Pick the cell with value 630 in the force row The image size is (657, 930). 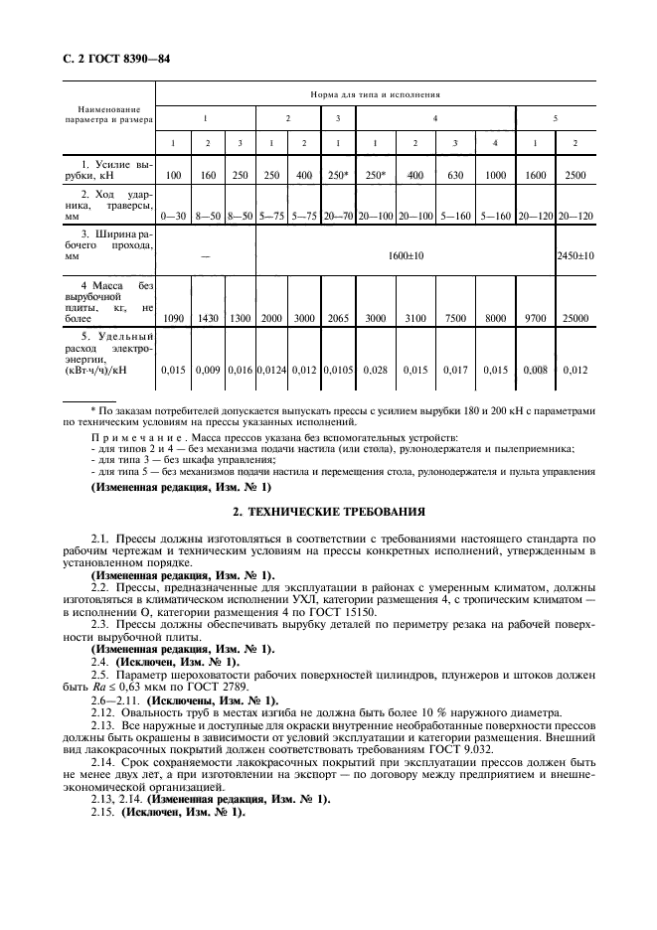pyautogui.click(x=455, y=175)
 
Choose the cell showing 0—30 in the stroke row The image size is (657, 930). pyautogui.click(x=174, y=214)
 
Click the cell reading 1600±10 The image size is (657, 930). pyautogui.click(x=407, y=255)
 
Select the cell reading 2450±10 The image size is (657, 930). pyautogui.click(x=575, y=255)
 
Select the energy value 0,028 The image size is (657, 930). pyautogui.click(x=375, y=371)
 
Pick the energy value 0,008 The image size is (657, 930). pyautogui.click(x=535, y=371)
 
